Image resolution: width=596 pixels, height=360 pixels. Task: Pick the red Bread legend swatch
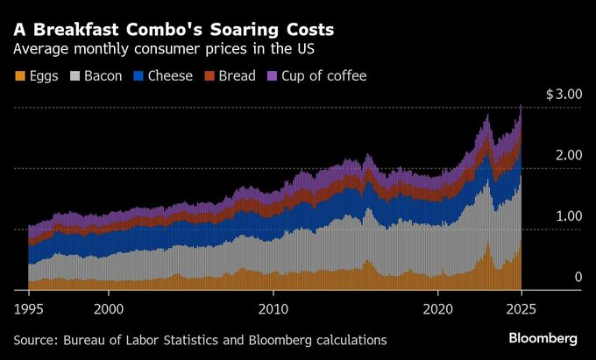coord(208,76)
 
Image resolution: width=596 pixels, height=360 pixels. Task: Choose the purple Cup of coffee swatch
coord(270,76)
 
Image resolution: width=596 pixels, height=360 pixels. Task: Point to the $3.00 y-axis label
coord(564,94)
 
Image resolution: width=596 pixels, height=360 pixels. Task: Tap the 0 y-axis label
coord(578,278)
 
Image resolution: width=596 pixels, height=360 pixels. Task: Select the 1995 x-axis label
coord(29,308)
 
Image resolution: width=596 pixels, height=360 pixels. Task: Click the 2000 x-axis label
coord(109,308)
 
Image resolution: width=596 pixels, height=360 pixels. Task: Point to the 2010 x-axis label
coord(273,308)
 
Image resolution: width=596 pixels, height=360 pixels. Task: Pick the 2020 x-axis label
coord(437,308)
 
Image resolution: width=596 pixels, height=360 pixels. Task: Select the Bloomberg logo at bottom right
coord(543,338)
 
